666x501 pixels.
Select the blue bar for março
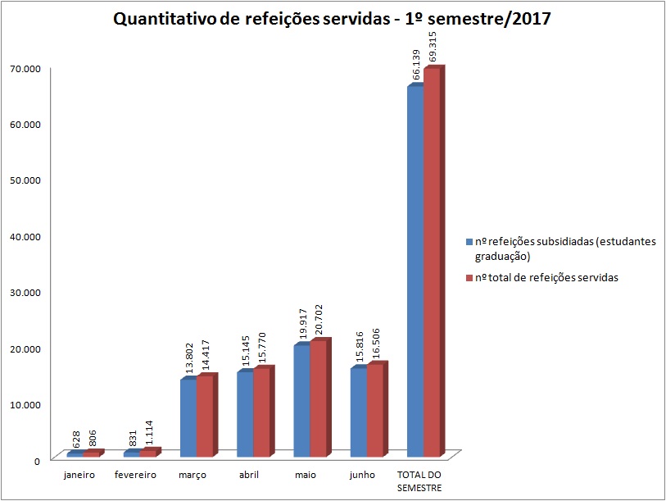tap(188, 418)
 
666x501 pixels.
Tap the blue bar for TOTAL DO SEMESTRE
tap(415, 271)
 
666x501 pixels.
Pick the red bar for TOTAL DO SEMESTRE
tap(432, 262)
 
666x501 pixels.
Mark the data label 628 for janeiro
tap(75, 439)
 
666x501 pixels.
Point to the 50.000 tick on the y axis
tap(25, 180)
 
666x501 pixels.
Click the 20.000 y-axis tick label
tap(25, 348)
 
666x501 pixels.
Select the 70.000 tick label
tap(25, 68)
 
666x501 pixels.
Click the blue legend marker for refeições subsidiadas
tap(469, 243)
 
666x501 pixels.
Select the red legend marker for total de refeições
tap(469, 278)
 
